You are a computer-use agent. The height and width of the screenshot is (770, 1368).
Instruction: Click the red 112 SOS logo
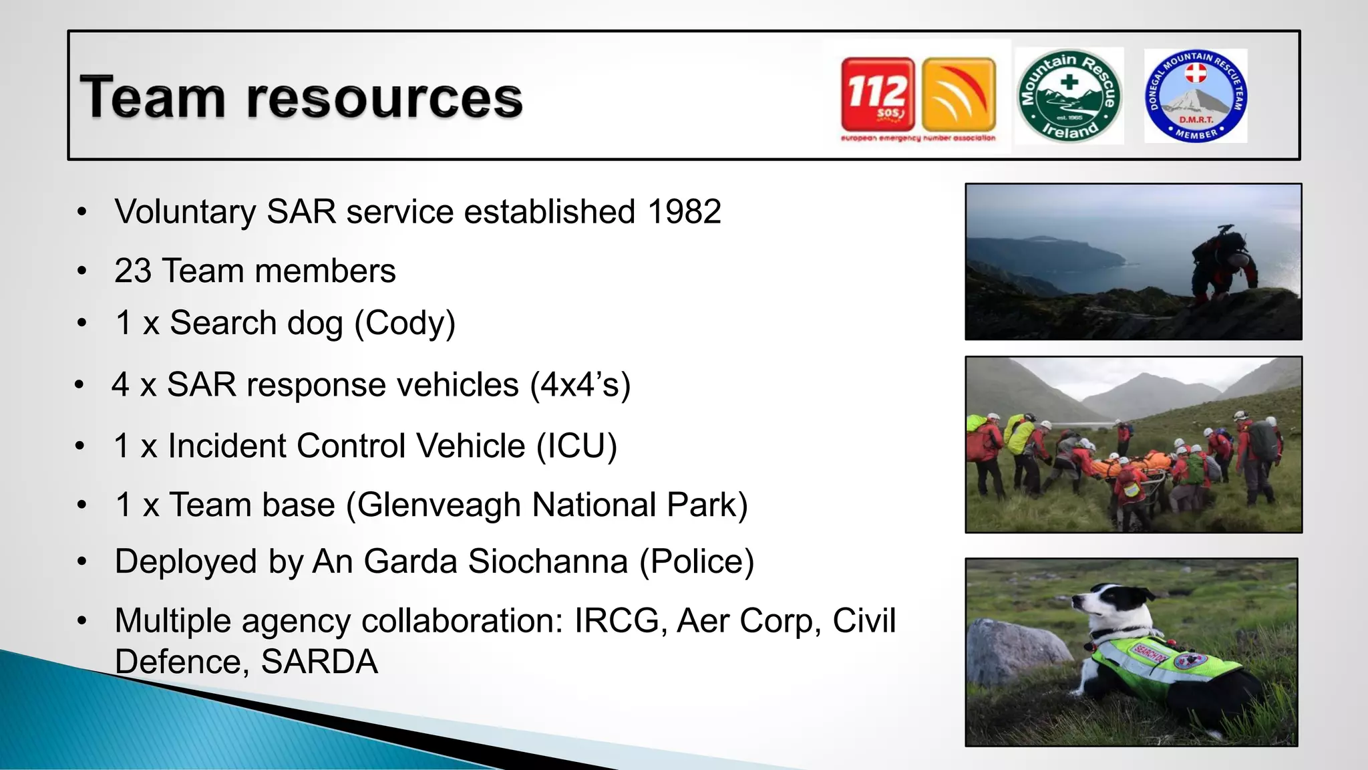877,94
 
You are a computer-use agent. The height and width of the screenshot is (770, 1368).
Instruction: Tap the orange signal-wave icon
959,94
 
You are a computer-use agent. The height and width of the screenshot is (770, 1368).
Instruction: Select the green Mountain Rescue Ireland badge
1069,96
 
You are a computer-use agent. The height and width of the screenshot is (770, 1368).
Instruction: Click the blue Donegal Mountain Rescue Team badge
1196,96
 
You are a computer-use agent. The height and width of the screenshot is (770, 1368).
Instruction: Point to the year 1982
684,212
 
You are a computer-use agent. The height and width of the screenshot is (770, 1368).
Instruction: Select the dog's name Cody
405,323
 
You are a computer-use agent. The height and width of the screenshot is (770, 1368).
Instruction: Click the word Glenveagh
439,505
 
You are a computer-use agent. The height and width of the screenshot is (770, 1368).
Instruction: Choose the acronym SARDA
319,662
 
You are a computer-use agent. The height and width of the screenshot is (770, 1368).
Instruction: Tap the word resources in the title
384,98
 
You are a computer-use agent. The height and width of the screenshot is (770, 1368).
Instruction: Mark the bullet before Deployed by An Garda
81,561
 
